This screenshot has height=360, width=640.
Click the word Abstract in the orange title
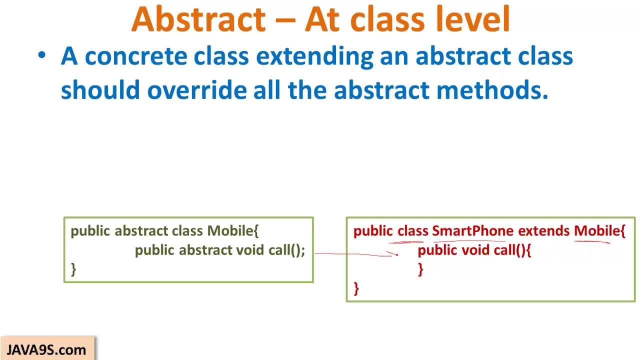[198, 19]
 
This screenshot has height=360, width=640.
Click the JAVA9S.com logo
[46, 349]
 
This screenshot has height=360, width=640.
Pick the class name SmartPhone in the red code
[472, 231]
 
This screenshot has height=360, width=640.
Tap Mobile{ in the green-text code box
[233, 231]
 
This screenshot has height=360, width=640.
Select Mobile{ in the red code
[599, 231]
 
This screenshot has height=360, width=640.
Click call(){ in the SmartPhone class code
[512, 250]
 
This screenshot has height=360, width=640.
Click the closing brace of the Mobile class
[73, 269]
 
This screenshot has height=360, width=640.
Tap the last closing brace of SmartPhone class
[356, 288]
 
